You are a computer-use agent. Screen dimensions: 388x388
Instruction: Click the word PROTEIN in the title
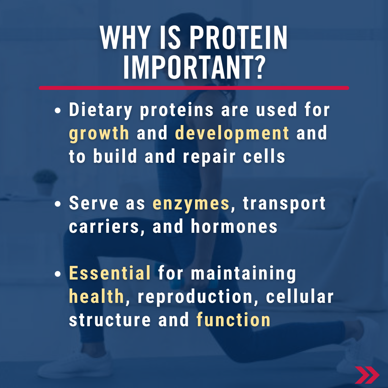238,37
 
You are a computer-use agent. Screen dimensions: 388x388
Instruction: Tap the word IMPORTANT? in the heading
194,67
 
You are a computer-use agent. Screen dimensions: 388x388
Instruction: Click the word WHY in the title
125,37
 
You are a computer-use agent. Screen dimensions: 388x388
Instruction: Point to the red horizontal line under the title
194,88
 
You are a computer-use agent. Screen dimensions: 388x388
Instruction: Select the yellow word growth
99,134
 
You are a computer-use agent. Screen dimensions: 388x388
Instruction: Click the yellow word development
232,134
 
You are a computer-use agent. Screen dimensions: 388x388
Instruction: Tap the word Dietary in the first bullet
101,110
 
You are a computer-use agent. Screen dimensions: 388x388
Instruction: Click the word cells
264,156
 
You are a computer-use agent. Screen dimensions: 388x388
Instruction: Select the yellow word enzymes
191,204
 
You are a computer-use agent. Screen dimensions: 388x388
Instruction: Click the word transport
284,204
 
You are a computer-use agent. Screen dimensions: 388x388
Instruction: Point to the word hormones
234,226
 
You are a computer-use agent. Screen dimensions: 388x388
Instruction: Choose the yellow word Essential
110,273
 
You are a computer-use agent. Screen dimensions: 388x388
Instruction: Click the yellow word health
96,296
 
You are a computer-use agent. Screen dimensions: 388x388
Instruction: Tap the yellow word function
234,319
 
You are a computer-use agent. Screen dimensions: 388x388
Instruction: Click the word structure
110,319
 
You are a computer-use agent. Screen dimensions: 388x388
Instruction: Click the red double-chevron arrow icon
367,375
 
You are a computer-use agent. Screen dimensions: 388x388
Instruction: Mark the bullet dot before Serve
57,204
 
